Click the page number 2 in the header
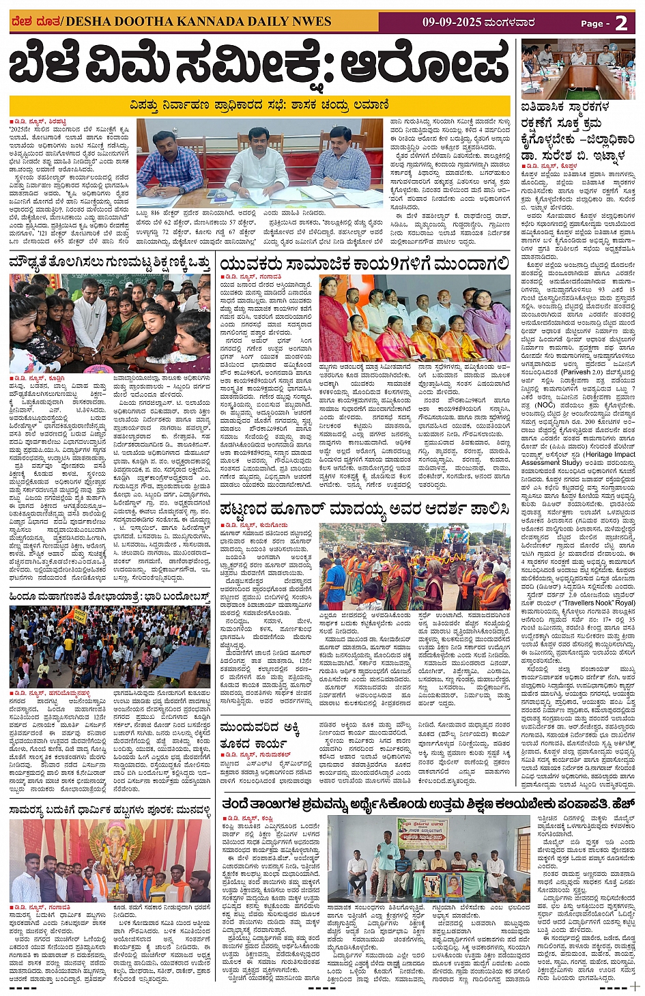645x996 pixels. click(x=621, y=23)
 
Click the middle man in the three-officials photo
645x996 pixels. click(x=257, y=164)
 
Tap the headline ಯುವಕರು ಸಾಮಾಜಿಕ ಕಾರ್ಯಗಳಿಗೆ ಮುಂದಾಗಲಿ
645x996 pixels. click(x=364, y=264)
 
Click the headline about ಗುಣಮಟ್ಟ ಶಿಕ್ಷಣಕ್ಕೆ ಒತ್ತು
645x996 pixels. click(x=109, y=263)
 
